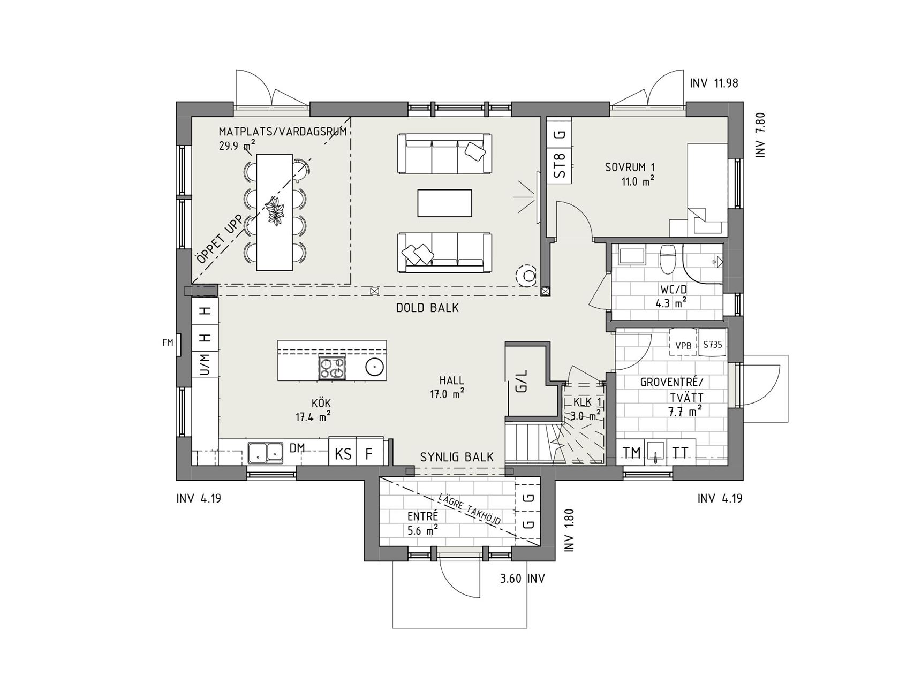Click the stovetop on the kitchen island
click(332, 368)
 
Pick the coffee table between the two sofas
click(445, 203)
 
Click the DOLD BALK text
click(427, 308)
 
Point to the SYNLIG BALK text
click(457, 457)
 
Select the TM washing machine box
click(631, 453)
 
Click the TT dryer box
click(681, 453)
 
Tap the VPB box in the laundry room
click(683, 346)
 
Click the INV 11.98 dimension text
click(714, 83)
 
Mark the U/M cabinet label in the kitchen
click(205, 364)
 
